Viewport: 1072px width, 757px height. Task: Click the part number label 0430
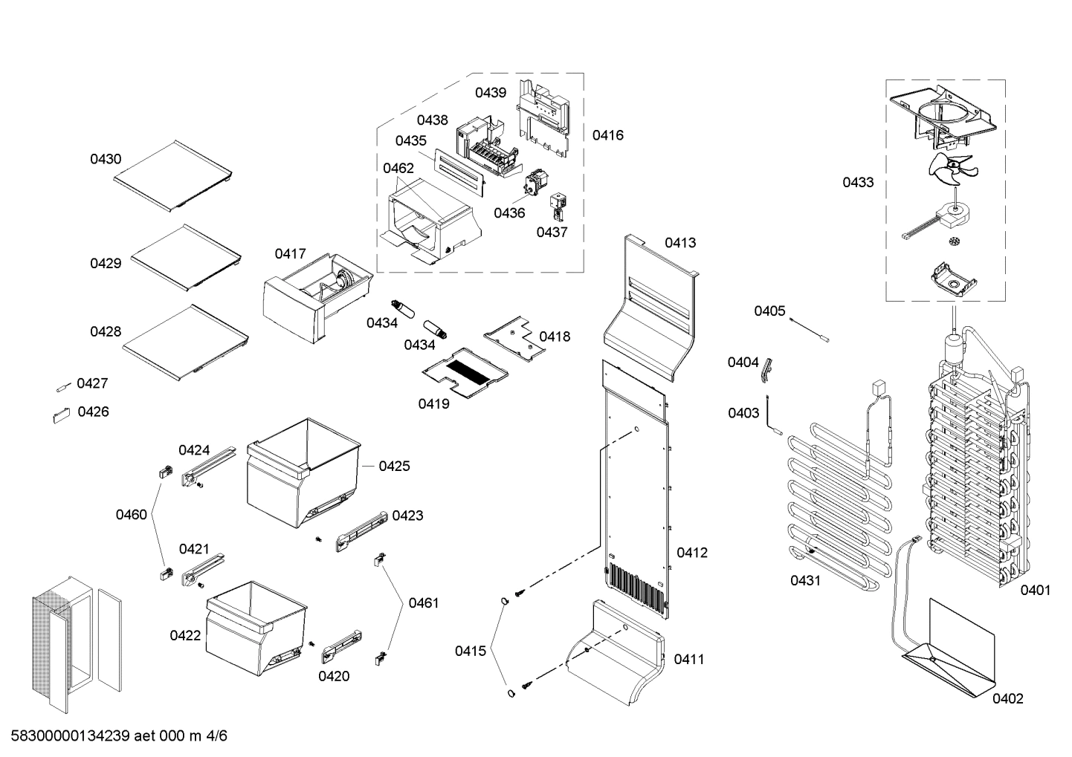[106, 159]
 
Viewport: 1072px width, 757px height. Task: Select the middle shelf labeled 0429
[187, 256]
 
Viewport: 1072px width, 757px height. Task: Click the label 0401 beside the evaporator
[1035, 590]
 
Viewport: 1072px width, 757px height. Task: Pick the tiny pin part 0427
[62, 386]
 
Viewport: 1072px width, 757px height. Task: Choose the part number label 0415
[471, 652]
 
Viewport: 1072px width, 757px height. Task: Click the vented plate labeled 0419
[465, 369]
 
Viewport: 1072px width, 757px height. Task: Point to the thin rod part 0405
[810, 329]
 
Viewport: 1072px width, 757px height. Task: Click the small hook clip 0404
[766, 368]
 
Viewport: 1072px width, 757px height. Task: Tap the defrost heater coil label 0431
[805, 580]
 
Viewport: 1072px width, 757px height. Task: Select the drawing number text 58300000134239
[71, 736]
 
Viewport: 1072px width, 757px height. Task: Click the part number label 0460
[131, 514]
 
